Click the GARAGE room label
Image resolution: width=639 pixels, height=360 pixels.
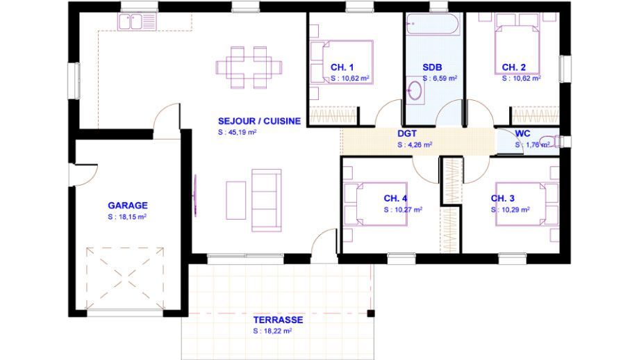[x=128, y=206]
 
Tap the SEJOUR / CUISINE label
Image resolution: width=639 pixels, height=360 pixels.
[x=259, y=121]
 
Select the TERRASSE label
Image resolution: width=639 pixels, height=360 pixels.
[x=278, y=320]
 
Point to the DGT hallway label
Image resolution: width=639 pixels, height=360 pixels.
[x=407, y=133]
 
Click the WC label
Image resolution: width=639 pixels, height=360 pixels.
[x=522, y=133]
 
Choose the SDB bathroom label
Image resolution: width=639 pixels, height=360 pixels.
[x=432, y=67]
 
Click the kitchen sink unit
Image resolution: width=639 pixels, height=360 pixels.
[x=137, y=22]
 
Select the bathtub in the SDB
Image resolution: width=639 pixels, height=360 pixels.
[x=433, y=24]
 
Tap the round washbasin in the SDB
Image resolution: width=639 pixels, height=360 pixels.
[x=415, y=90]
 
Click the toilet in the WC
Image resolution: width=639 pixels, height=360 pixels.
[x=551, y=140]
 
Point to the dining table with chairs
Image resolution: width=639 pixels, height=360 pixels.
[x=249, y=67]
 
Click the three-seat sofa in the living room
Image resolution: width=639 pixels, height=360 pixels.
[x=267, y=200]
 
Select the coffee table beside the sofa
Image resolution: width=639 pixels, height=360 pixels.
[x=236, y=200]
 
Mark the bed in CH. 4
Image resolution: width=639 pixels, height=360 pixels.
[x=375, y=204]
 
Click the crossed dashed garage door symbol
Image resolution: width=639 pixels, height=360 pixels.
[x=125, y=277]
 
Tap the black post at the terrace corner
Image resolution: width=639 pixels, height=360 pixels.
[x=371, y=313]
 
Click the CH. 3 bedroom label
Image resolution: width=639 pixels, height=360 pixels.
[x=502, y=199]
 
